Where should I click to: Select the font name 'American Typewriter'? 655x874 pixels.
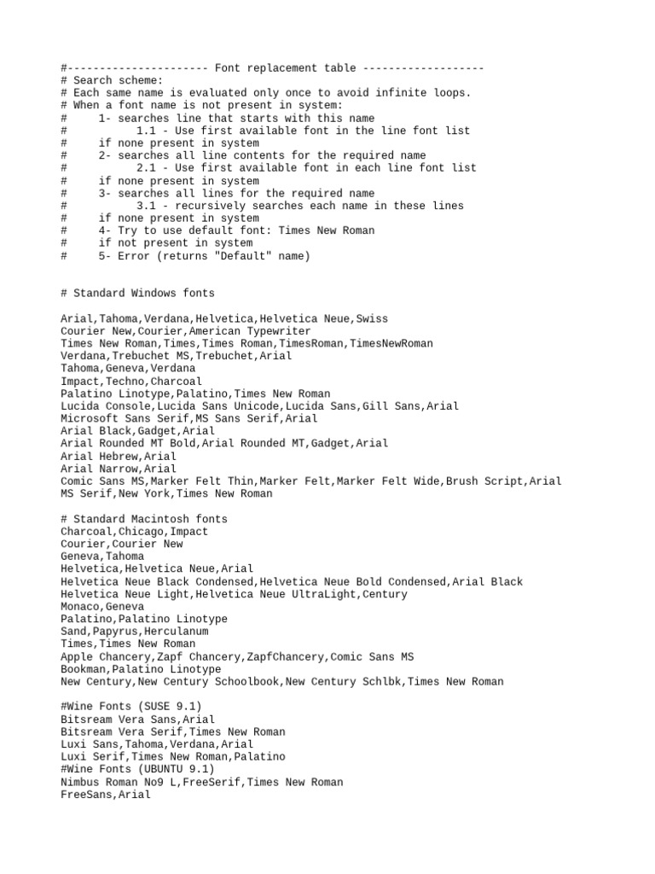250,331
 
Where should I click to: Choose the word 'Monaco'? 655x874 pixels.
79,606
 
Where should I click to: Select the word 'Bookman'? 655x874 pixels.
83,669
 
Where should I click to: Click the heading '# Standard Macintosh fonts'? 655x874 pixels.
144,519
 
